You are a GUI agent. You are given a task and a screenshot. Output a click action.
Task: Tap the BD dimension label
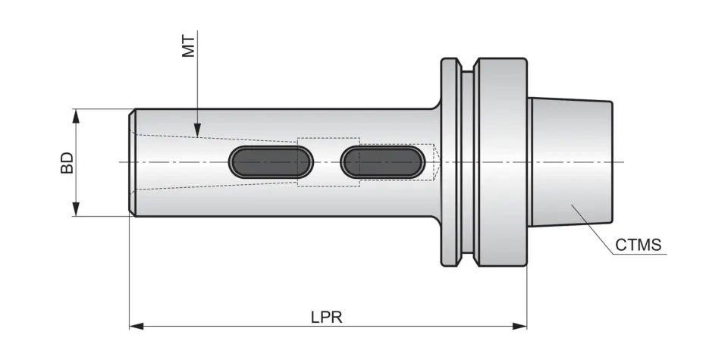click(67, 163)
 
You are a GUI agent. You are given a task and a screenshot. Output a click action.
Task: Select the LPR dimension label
click(326, 318)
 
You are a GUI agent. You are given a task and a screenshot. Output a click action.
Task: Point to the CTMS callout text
click(638, 245)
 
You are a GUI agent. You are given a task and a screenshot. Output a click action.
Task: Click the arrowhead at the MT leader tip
click(197, 131)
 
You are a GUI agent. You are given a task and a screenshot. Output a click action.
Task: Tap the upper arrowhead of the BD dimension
click(77, 116)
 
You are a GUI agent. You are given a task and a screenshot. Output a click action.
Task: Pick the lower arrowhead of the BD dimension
click(77, 209)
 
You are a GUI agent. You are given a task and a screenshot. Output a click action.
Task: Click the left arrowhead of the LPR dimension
click(136, 326)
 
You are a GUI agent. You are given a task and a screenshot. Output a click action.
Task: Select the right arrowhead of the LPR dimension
click(519, 326)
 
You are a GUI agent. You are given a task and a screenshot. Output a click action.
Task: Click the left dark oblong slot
click(271, 162)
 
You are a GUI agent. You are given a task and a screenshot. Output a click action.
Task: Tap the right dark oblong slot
click(382, 162)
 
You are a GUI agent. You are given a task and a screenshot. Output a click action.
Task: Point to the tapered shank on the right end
click(570, 162)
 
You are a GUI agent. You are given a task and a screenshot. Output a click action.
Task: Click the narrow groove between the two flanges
click(467, 162)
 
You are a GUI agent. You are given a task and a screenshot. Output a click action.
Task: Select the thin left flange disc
click(450, 162)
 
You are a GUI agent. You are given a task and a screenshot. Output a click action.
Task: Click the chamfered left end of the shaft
click(132, 162)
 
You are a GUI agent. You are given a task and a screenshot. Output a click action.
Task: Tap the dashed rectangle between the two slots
click(328, 162)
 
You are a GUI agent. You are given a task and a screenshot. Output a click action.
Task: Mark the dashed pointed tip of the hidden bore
click(437, 162)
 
